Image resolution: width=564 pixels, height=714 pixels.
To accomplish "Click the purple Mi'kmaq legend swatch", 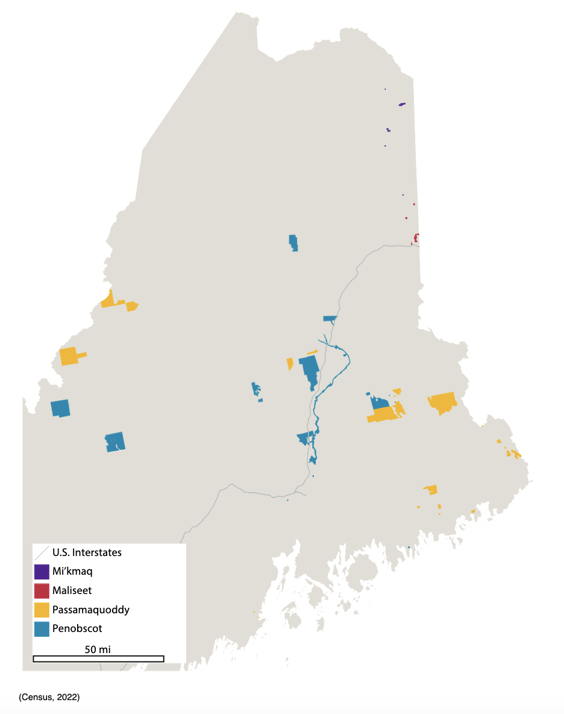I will pos(42,571).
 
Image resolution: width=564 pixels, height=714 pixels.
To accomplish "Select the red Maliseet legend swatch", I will pos(42,590).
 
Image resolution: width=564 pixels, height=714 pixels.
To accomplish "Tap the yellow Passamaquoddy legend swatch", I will pos(42,610).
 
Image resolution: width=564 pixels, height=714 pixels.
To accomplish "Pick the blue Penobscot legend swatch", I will pos(42,629).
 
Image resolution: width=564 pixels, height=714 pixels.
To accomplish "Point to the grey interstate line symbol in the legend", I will pos(42,552).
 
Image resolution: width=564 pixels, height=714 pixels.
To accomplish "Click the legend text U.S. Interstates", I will pos(87,552).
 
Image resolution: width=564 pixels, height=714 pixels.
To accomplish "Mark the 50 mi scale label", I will pos(98,649).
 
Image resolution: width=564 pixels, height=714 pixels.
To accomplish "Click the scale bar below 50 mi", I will pos(98,659).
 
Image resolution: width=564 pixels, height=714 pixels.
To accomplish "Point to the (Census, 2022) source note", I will pos(49,697).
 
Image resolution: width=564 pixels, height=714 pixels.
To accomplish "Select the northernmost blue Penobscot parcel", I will pos(293,242).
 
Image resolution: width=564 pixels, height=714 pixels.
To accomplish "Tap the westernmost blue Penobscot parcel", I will pos(60,408).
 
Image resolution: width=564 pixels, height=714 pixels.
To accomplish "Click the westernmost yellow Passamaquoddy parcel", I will pos(69,356).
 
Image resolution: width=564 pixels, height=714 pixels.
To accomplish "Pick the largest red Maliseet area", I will pos(416,238).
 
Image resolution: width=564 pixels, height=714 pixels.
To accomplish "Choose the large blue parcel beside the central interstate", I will pos(309,368).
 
